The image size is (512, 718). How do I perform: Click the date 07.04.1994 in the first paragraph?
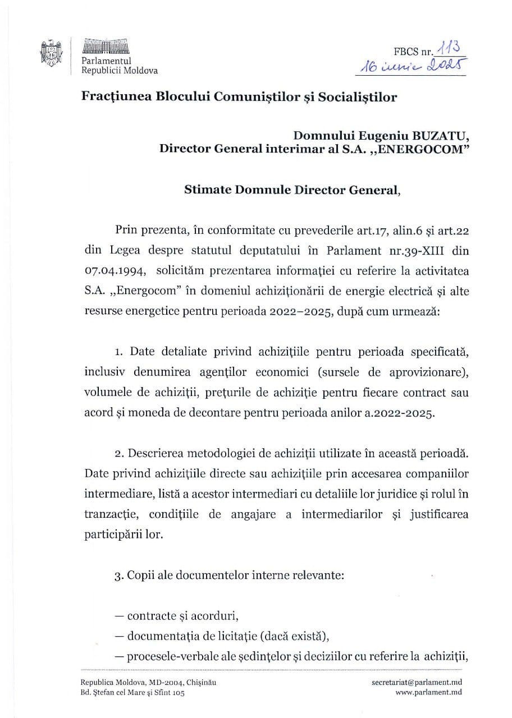tap(116, 271)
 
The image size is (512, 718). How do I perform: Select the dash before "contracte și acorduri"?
tap(119, 616)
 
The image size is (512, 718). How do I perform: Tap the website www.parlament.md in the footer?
tap(428, 693)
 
